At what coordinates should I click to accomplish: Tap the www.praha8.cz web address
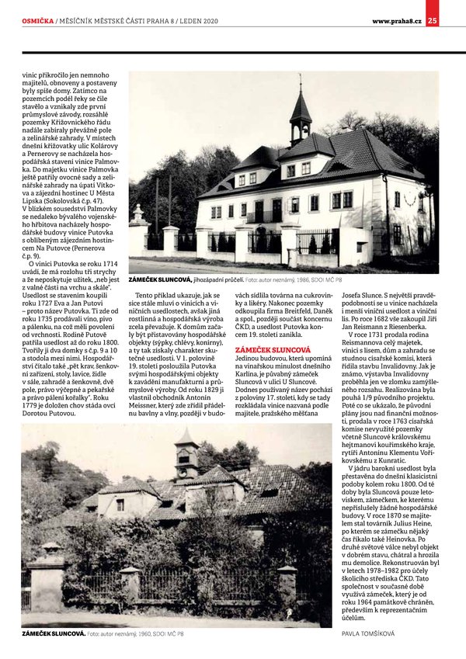point(396,20)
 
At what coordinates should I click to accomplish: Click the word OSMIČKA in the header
point(38,20)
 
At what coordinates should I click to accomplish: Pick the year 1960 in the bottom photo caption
point(142,633)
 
